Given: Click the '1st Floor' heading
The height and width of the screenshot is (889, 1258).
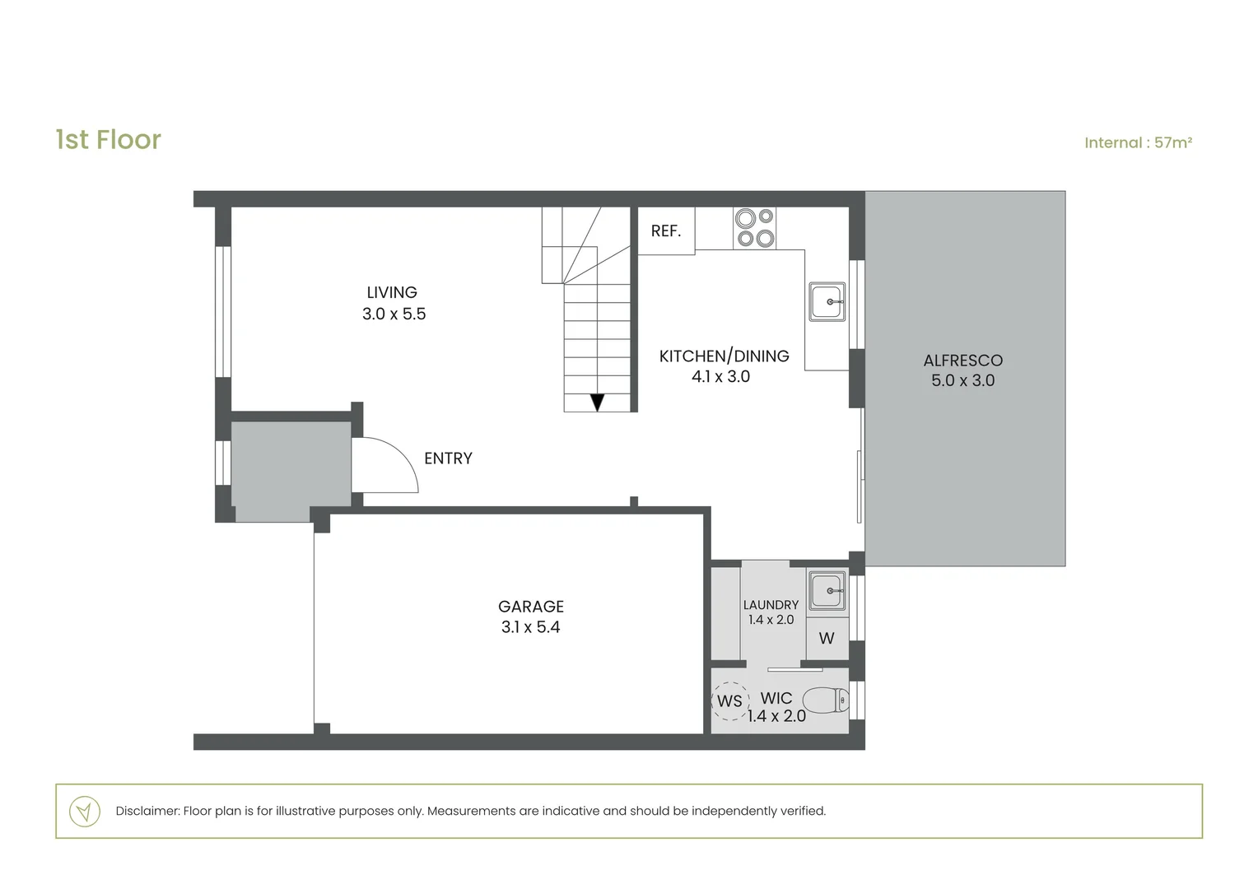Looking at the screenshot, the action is tap(109, 140).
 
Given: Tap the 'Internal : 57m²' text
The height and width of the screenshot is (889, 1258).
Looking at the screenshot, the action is tap(1138, 142).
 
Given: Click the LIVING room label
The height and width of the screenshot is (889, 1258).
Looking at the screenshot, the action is tap(392, 292).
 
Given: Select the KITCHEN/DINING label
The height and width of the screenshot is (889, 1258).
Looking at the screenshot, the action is tap(724, 356).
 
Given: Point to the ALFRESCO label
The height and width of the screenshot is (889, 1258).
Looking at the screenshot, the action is tap(962, 360).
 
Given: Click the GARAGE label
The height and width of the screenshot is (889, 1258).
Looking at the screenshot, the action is tap(531, 607).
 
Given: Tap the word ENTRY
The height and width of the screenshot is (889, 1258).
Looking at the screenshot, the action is tap(448, 458).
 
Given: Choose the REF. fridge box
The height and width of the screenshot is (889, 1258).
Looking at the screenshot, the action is tap(667, 230).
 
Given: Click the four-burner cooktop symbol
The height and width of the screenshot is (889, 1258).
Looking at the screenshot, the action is tap(754, 228).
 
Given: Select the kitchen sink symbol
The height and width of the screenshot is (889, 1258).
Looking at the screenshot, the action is tap(827, 301).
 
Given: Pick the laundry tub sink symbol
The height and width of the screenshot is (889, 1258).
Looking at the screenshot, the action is tap(827, 590).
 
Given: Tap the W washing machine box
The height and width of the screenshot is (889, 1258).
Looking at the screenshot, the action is tap(827, 639).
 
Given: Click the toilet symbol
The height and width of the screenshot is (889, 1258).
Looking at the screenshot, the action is tap(826, 700).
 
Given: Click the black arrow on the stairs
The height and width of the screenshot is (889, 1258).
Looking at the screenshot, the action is tap(597, 402).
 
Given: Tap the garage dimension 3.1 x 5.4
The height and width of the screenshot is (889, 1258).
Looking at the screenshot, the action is tap(531, 626).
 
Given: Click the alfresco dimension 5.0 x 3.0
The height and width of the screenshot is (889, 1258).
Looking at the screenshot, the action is tap(962, 380).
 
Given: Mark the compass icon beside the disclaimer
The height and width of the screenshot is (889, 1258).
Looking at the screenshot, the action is tap(85, 812).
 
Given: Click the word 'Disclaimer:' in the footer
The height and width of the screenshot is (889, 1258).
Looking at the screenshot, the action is tap(147, 811).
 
